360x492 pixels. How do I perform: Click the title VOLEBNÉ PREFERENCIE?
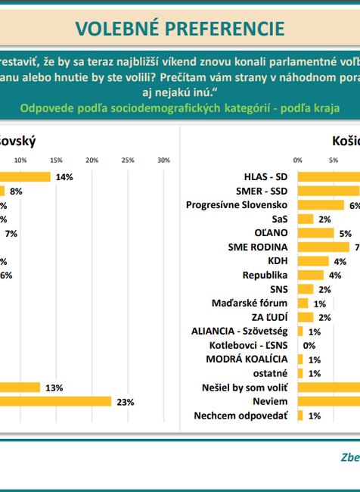(x=180, y=28)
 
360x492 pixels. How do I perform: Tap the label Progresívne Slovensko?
(x=239, y=204)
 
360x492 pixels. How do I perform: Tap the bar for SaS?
(x=306, y=219)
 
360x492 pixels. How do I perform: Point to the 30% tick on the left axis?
(x=163, y=160)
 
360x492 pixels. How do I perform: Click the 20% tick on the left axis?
(x=92, y=160)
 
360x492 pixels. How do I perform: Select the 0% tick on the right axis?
(x=298, y=160)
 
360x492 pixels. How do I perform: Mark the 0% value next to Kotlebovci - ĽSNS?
(x=309, y=345)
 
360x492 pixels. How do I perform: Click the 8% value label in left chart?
(x=16, y=192)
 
